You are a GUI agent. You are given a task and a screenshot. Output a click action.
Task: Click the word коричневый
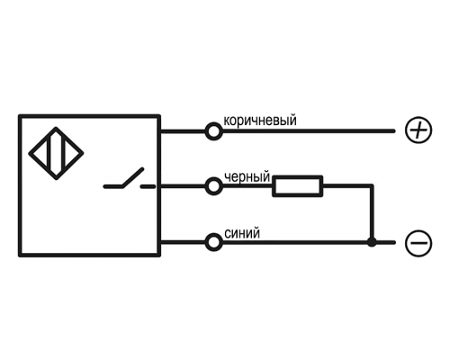pos(260,121)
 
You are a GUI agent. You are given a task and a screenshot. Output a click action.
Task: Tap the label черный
pos(247,177)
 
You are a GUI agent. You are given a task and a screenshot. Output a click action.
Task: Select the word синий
pos(242,233)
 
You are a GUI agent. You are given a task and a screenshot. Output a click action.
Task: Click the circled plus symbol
pos(418,130)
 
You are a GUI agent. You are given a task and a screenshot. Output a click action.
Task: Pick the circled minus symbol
pos(418,242)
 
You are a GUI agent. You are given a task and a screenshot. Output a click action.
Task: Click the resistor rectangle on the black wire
pos(298,186)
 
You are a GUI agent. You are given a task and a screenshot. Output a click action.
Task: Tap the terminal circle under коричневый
pos(213,131)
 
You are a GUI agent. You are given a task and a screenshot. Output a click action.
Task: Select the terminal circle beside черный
pos(213,186)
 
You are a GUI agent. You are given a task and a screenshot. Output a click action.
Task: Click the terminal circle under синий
pos(213,242)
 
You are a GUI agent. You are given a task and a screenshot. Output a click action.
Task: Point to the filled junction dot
pos(372,242)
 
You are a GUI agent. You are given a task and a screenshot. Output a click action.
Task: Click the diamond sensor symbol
pos(56,153)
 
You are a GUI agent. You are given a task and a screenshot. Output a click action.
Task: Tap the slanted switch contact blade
pos(133,177)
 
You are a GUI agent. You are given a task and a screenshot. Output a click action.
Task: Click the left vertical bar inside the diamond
pos(49,153)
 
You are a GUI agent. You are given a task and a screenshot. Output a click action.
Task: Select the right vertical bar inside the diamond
pos(64,153)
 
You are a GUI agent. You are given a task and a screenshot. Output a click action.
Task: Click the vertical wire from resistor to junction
pos(372,213)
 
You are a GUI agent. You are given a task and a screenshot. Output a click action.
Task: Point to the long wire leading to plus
pos(308,131)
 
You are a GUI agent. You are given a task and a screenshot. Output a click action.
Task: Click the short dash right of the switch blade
pos(148,186)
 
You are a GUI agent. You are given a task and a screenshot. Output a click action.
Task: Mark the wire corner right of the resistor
pos(372,186)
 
